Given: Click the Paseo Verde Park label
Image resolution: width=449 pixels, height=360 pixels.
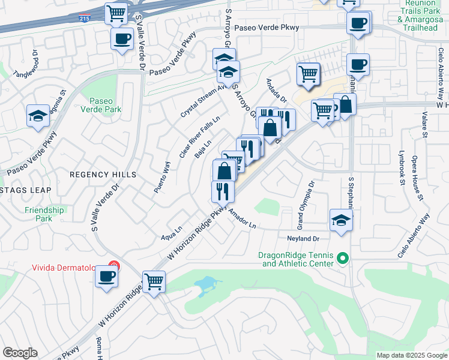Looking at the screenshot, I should click(x=105, y=105).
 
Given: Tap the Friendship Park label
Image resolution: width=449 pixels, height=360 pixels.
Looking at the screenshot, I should click(x=44, y=214).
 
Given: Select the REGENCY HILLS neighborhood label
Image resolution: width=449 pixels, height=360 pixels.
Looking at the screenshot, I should click(x=103, y=175).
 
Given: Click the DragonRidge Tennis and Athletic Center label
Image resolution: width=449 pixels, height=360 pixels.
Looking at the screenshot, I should click(x=295, y=259).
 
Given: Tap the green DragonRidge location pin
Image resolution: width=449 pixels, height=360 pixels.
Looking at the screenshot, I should click(x=343, y=259).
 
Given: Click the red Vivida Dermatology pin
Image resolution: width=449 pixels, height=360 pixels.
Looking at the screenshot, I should click(x=114, y=266).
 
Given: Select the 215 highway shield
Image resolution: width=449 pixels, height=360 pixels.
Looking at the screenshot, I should click(x=84, y=19).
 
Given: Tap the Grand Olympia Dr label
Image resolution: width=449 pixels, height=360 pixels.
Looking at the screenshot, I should click(x=304, y=206).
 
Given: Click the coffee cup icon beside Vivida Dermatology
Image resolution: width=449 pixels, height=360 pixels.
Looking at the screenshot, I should click(x=107, y=277).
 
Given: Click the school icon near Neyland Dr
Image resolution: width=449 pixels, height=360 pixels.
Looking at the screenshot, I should click(x=340, y=220).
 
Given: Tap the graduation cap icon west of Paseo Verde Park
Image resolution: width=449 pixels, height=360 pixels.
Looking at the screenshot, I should click(x=38, y=115).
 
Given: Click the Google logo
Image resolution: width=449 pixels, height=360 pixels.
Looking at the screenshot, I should click(x=20, y=353).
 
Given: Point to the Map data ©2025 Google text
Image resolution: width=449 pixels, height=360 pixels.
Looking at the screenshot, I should click(x=411, y=355).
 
